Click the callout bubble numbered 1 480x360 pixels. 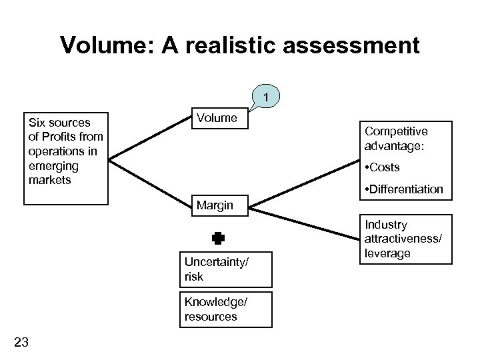coord(267,98)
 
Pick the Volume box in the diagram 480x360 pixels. coord(217,118)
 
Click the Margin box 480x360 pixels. coord(215,205)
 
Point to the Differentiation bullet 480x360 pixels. coord(403,189)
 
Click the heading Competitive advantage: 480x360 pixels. coord(396,138)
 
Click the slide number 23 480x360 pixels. coord(21,342)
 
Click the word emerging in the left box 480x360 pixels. coord(48,165)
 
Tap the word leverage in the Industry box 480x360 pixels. coord(388,254)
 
